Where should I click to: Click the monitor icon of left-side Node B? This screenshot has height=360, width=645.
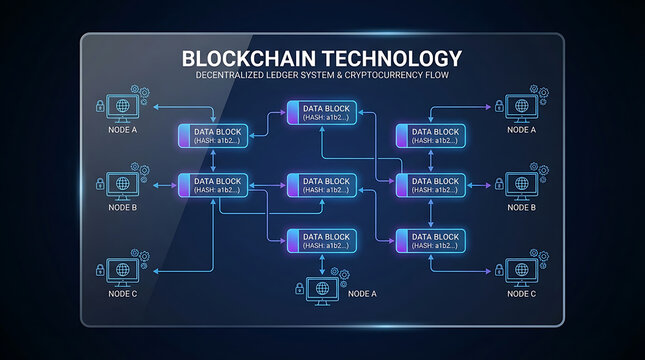tap(122, 184)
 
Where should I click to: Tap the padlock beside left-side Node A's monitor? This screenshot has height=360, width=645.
tap(100, 105)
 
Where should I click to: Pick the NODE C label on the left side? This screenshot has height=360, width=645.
tap(122, 294)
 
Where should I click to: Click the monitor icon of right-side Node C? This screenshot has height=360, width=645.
tap(520, 269)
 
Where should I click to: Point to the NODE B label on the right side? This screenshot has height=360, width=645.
tap(521, 208)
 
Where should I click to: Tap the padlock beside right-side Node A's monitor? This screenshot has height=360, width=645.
tap(498, 105)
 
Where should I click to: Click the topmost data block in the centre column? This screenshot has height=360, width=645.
tap(322, 113)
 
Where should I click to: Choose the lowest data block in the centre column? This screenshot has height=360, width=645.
tap(322, 240)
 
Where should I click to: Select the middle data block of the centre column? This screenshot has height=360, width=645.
tap(322, 184)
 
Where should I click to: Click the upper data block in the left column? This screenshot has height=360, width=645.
tap(212, 136)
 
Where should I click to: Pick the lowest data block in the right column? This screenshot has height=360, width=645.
tap(431, 240)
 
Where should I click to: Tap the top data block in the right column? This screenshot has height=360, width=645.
tap(431, 136)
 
